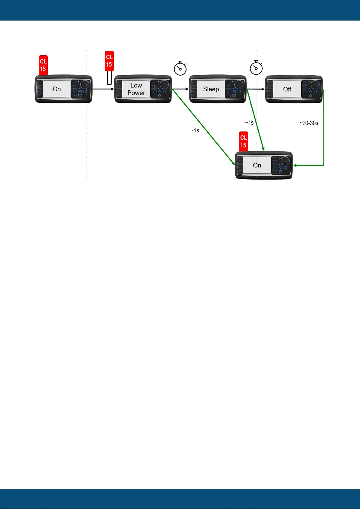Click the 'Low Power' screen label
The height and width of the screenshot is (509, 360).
(x=136, y=89)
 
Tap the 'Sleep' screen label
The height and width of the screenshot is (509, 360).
(x=211, y=89)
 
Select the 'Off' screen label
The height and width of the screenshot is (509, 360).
(x=287, y=89)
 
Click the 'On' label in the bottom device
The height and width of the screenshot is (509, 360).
(x=257, y=165)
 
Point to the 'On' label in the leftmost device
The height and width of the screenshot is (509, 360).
(x=57, y=89)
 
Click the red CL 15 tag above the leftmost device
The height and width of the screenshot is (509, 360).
(x=43, y=65)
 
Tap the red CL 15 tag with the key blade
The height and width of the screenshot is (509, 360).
(x=109, y=61)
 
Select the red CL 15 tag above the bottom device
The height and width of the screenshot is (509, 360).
(x=243, y=141)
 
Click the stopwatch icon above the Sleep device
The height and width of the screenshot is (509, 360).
(x=180, y=68)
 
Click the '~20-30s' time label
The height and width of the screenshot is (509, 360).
(x=309, y=123)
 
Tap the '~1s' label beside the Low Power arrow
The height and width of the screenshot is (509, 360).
(x=195, y=130)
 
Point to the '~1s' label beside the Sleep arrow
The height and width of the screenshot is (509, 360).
(x=249, y=122)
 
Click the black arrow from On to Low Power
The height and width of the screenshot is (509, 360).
(x=103, y=89)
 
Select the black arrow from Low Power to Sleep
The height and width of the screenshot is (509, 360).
(x=181, y=89)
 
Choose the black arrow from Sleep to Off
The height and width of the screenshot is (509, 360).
(x=256, y=89)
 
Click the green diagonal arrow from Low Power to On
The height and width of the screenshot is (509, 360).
(x=203, y=127)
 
